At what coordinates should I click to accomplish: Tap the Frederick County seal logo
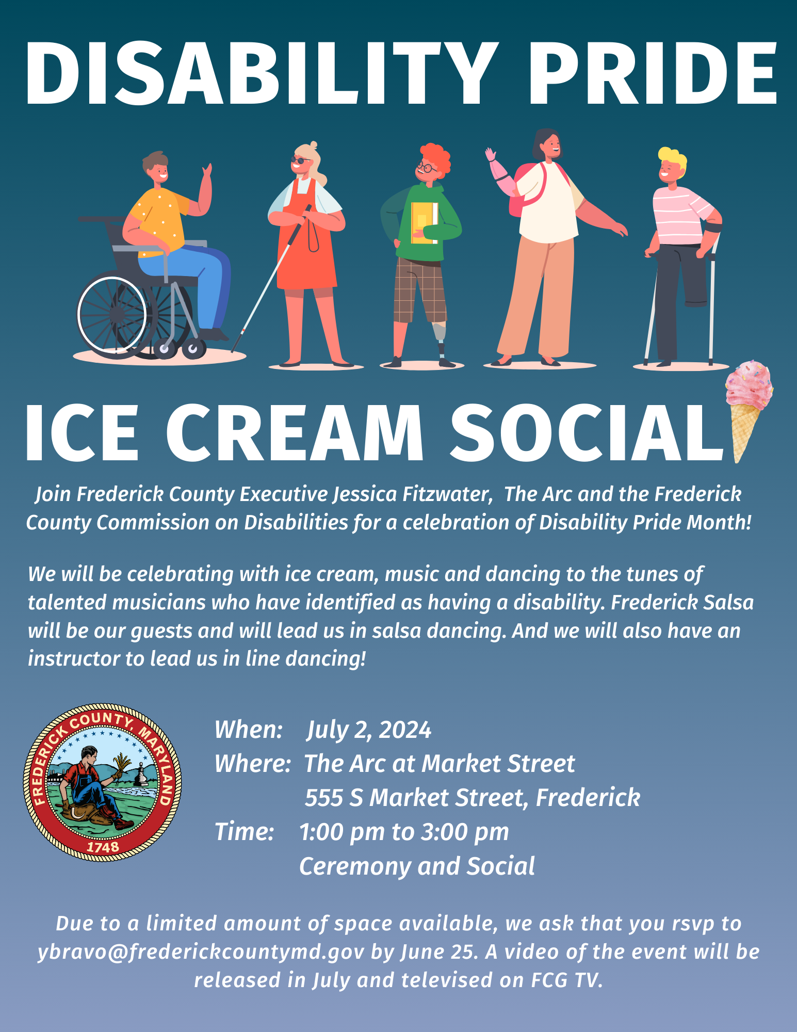103,782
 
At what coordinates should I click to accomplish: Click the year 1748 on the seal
103,846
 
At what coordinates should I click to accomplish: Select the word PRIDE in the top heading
652,73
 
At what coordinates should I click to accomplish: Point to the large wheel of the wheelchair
112,314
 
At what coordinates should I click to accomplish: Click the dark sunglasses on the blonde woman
301,160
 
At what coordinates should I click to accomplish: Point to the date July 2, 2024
369,730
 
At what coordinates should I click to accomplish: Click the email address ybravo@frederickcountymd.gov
201,952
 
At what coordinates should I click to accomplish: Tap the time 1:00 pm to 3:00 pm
404,832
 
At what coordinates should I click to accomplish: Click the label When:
249,730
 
